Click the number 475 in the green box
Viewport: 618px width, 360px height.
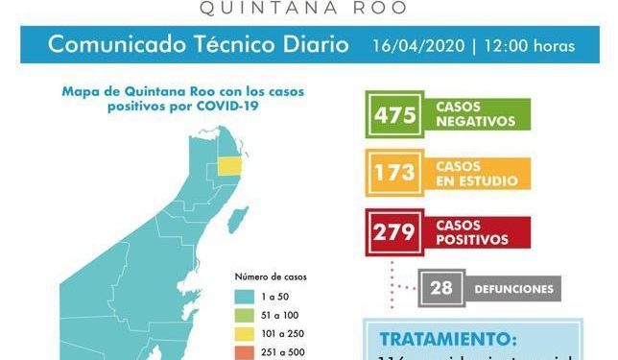pyautogui.click(x=395, y=115)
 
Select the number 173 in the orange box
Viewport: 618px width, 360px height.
pyautogui.click(x=395, y=173)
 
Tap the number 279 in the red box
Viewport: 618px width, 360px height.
pyautogui.click(x=395, y=231)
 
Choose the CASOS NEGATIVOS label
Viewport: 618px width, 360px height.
pyautogui.click(x=475, y=115)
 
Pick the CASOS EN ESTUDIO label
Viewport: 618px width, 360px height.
pyautogui.click(x=476, y=173)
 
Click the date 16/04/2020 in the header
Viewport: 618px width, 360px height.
pyautogui.click(x=420, y=46)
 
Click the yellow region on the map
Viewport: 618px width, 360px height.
pyautogui.click(x=230, y=165)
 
